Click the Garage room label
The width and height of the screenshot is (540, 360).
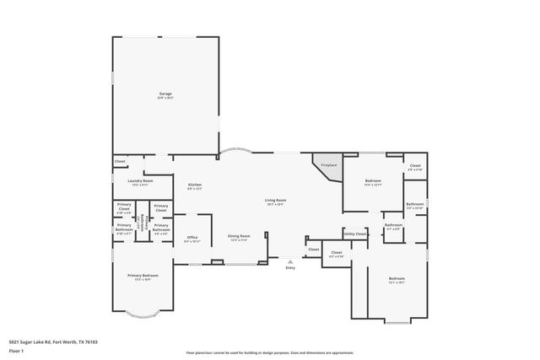coord(165,94)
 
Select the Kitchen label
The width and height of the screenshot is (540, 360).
coord(194,185)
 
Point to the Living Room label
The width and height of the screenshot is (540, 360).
coord(275,200)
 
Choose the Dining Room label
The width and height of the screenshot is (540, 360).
coord(239,236)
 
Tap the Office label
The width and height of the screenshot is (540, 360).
coord(192,238)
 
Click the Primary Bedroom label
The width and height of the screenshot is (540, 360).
coord(143,276)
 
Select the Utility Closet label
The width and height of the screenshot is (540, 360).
coord(354,234)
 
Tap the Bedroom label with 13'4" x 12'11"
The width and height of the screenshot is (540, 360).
coord(373,181)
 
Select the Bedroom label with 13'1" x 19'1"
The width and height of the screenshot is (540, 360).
coord(397,279)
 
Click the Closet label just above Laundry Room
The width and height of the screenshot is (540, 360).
coord(119,161)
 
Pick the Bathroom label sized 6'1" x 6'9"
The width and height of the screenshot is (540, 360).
coord(393,225)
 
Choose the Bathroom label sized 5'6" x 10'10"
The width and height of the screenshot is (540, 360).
coord(414,205)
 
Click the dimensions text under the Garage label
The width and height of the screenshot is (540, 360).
coord(165,98)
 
